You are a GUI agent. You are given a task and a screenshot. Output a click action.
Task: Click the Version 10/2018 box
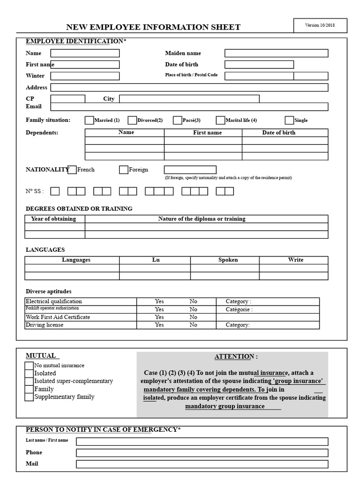tap(321, 25)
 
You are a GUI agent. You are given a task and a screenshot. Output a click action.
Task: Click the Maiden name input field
tap(276, 53)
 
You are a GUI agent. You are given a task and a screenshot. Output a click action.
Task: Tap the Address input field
tap(189, 87)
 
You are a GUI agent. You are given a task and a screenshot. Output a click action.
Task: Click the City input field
tap(189, 98)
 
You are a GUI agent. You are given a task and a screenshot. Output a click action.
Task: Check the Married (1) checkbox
tap(89, 120)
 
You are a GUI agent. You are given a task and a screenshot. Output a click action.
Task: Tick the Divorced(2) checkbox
tap(132, 120)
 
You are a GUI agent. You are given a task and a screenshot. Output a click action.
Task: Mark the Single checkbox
tap(289, 120)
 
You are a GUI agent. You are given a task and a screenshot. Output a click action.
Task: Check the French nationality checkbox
tap(72, 170)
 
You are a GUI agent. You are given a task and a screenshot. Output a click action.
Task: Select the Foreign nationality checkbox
tap(124, 170)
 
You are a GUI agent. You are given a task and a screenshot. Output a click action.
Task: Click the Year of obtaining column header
tap(55, 219)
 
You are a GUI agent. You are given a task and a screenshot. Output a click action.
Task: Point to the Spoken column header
tap(228, 260)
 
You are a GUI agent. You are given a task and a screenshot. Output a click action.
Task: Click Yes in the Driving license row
tap(159, 325)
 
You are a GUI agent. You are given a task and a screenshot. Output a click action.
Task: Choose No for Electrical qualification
tap(193, 301)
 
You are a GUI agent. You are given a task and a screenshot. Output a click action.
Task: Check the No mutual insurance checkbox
tap(29, 366)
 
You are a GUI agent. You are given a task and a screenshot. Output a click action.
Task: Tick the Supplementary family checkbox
tap(29, 397)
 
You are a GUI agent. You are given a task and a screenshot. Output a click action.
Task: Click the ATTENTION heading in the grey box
tap(236, 357)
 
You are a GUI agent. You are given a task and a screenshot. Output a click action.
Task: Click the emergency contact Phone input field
tap(202, 453)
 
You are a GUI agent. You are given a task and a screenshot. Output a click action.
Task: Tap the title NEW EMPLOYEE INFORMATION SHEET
tap(153, 27)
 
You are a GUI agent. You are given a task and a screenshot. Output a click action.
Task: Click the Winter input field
tap(85, 76)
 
